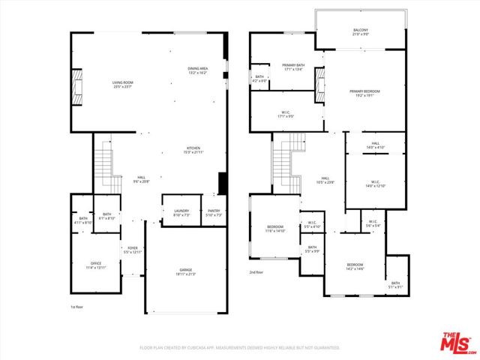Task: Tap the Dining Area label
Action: point(197,71)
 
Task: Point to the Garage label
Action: point(185,271)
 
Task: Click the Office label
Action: point(95,265)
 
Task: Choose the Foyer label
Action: point(132,249)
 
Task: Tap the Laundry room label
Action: point(181,213)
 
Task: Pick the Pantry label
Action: point(214,213)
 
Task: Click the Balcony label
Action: point(361,32)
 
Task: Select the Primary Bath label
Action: point(293,67)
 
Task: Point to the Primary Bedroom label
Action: point(364,93)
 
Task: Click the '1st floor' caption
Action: point(77,307)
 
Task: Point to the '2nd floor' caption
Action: point(257,272)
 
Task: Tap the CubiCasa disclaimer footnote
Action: point(240,347)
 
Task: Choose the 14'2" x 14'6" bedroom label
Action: point(355,266)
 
